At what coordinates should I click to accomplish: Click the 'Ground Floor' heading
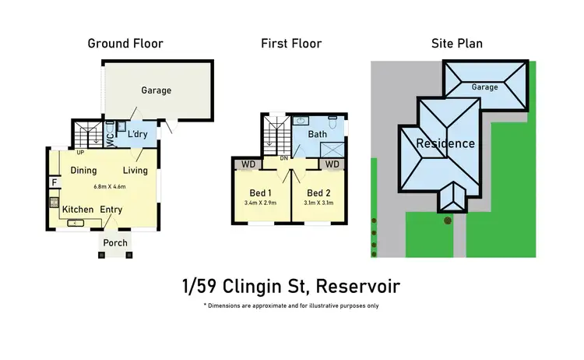coord(125,44)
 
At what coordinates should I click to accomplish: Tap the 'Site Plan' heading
coord(456,44)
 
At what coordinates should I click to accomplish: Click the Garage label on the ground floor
coord(156,90)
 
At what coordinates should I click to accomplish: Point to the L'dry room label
coord(138,135)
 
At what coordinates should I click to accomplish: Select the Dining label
coord(83,170)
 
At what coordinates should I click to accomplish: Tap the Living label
coord(135,170)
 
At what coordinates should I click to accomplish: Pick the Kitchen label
coord(78,210)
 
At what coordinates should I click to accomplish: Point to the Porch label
coord(115,243)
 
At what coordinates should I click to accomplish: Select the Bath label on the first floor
coord(318,135)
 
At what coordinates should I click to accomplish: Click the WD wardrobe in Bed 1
coord(248,164)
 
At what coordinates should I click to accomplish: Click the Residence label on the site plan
coord(445,143)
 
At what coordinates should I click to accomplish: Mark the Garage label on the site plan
coord(484,87)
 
